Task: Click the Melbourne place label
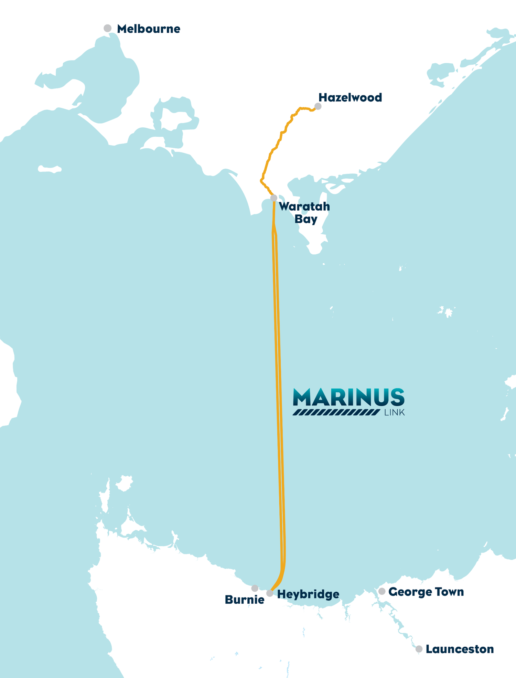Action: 148,29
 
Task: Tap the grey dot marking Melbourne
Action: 108,28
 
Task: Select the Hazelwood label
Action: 350,97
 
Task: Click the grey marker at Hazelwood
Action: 318,106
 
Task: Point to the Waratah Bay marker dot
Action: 274,198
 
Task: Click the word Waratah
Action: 304,206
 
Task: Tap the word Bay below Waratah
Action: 306,219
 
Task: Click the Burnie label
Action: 245,600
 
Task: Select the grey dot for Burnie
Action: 255,588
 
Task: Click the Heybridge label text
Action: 308,594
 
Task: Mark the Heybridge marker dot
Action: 270,593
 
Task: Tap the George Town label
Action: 426,592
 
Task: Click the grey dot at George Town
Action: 382,591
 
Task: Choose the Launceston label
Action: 460,649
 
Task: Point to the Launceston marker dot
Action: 419,649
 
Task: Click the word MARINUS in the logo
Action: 348,397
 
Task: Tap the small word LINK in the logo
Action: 394,412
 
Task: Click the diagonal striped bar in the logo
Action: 336,412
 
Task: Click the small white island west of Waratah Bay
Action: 50,169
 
